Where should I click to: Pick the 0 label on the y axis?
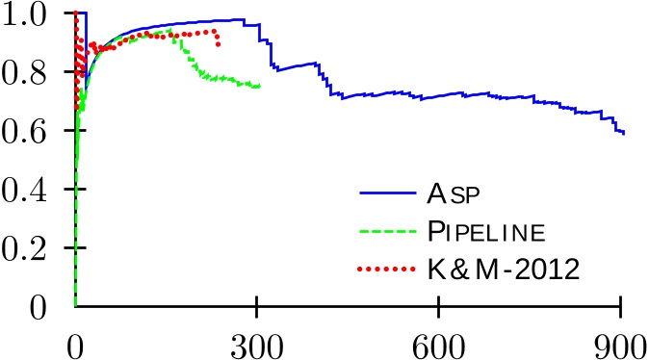pos(40,308)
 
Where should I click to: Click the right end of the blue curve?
pos(624,133)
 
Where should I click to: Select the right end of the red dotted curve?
pos(219,44)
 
